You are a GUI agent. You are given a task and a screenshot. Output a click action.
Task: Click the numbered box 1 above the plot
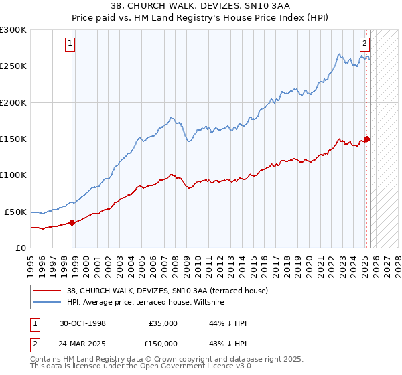point(70,44)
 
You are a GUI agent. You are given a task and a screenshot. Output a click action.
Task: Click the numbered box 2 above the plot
point(365,44)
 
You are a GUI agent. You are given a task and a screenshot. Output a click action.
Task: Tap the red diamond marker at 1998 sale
point(72,222)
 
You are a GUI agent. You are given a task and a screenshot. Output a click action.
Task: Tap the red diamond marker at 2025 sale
point(366,139)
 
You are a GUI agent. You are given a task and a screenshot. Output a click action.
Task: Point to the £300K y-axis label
point(13,30)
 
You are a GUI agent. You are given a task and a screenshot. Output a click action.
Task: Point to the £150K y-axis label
point(13,139)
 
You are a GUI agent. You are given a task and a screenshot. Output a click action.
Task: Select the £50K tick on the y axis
point(16,212)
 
